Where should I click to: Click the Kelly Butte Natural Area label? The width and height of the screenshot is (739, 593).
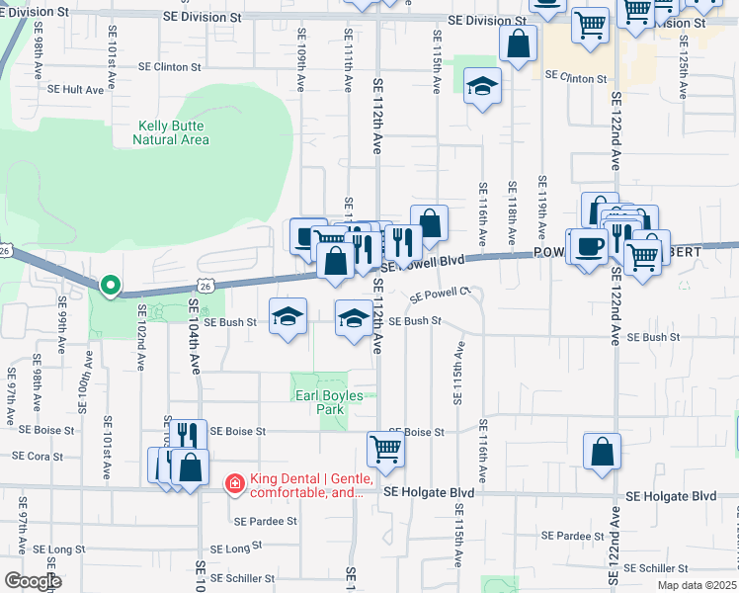(171, 132)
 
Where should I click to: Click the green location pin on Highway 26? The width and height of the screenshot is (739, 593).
(111, 285)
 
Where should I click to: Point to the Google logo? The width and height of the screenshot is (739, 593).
(33, 581)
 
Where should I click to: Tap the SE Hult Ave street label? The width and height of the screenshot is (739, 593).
(75, 89)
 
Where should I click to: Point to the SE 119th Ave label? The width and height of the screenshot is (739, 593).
(542, 209)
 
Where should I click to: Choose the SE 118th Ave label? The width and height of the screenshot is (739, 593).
(512, 213)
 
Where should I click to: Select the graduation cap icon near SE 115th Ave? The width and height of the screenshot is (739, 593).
(483, 87)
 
